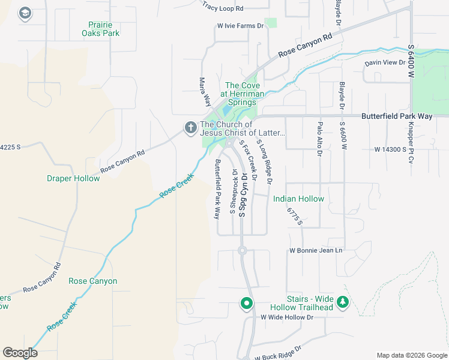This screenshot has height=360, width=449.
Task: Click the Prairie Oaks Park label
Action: point(100,28)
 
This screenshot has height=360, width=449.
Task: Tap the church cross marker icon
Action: point(190,127)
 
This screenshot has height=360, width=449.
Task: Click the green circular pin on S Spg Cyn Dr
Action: point(246,304)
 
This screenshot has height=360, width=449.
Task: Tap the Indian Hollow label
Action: point(298,199)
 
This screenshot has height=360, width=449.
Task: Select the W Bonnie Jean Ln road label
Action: point(315,250)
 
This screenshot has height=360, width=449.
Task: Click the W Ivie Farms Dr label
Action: point(241,26)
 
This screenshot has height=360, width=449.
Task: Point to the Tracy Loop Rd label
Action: point(223,8)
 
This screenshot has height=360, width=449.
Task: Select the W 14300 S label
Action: point(394,149)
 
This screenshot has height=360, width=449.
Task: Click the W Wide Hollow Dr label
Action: point(287,317)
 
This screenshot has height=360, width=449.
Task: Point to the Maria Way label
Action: point(205,89)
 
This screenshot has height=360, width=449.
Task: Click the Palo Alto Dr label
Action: point(319,138)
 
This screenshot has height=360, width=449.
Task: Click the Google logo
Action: point(20,353)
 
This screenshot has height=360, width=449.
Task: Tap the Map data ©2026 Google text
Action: point(411,355)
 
